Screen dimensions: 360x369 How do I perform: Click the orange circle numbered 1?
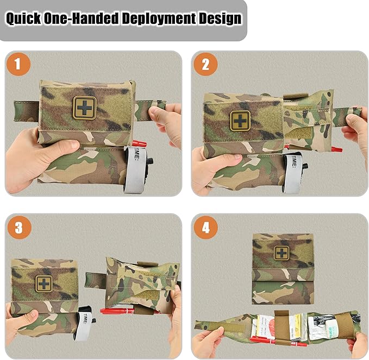[18, 65]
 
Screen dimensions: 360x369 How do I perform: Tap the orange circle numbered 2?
[205, 65]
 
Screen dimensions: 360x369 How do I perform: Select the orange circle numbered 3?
[19, 228]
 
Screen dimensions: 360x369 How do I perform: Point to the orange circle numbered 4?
[205, 228]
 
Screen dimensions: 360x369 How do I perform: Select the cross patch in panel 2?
[239, 121]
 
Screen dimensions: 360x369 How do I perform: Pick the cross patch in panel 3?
[45, 283]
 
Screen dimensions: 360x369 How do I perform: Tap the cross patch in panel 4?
[281, 253]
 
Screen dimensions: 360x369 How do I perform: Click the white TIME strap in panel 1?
[132, 163]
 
